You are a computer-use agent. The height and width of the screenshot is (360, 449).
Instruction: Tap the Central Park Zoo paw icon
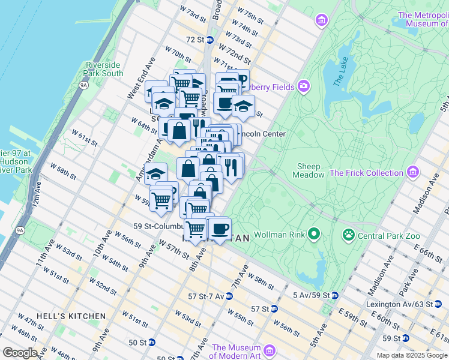348,234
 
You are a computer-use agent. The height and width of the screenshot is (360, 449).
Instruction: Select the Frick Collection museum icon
412,173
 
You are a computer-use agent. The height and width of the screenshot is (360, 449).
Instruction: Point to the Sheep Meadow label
309,170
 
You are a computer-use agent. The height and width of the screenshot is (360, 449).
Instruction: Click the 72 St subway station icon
209,40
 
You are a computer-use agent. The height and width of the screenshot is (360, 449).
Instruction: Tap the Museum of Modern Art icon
269,350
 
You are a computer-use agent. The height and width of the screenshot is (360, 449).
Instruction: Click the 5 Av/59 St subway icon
334,295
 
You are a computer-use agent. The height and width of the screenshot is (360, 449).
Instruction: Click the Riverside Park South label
104,69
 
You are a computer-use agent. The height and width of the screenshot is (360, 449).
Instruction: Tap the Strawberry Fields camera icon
304,87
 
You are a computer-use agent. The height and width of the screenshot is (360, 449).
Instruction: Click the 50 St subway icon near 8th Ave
152,342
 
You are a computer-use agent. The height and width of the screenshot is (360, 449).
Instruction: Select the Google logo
20,353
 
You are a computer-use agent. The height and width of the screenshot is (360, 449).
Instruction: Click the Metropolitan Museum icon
322,21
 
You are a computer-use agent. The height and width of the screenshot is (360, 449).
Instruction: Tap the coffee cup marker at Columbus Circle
220,229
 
